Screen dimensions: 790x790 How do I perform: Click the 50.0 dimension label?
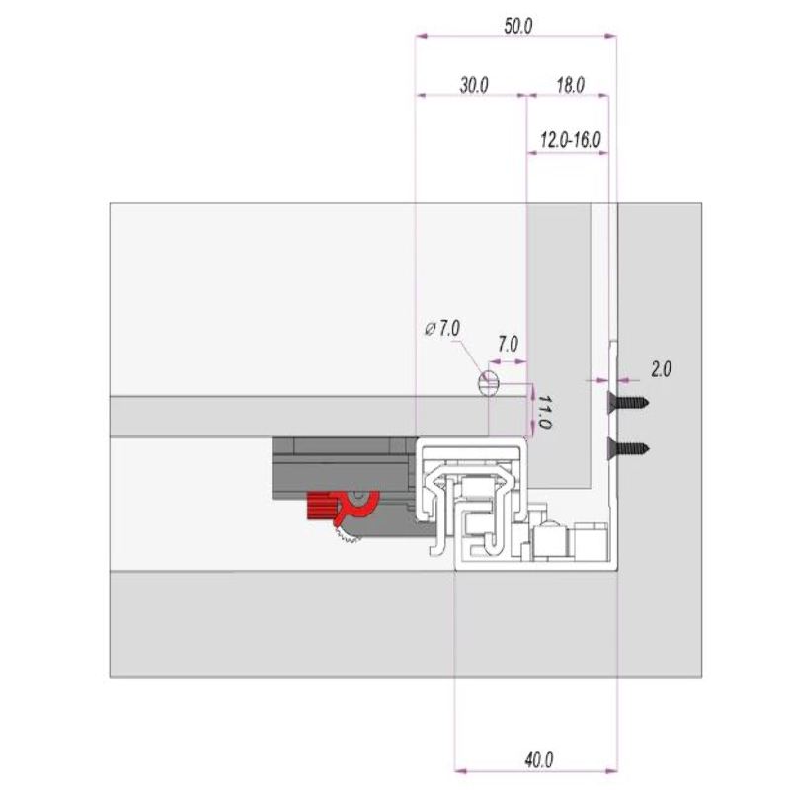click(517, 27)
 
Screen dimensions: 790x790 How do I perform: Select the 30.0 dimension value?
click(473, 85)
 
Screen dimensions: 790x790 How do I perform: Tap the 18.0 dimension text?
click(570, 85)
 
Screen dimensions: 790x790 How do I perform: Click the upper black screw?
click(629, 401)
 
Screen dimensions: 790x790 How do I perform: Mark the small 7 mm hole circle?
click(488, 383)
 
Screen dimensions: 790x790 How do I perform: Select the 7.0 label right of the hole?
click(508, 345)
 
